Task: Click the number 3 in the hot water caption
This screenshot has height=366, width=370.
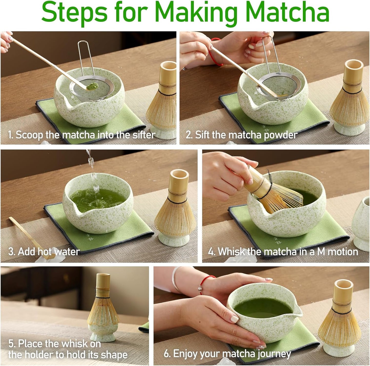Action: [11, 252]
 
